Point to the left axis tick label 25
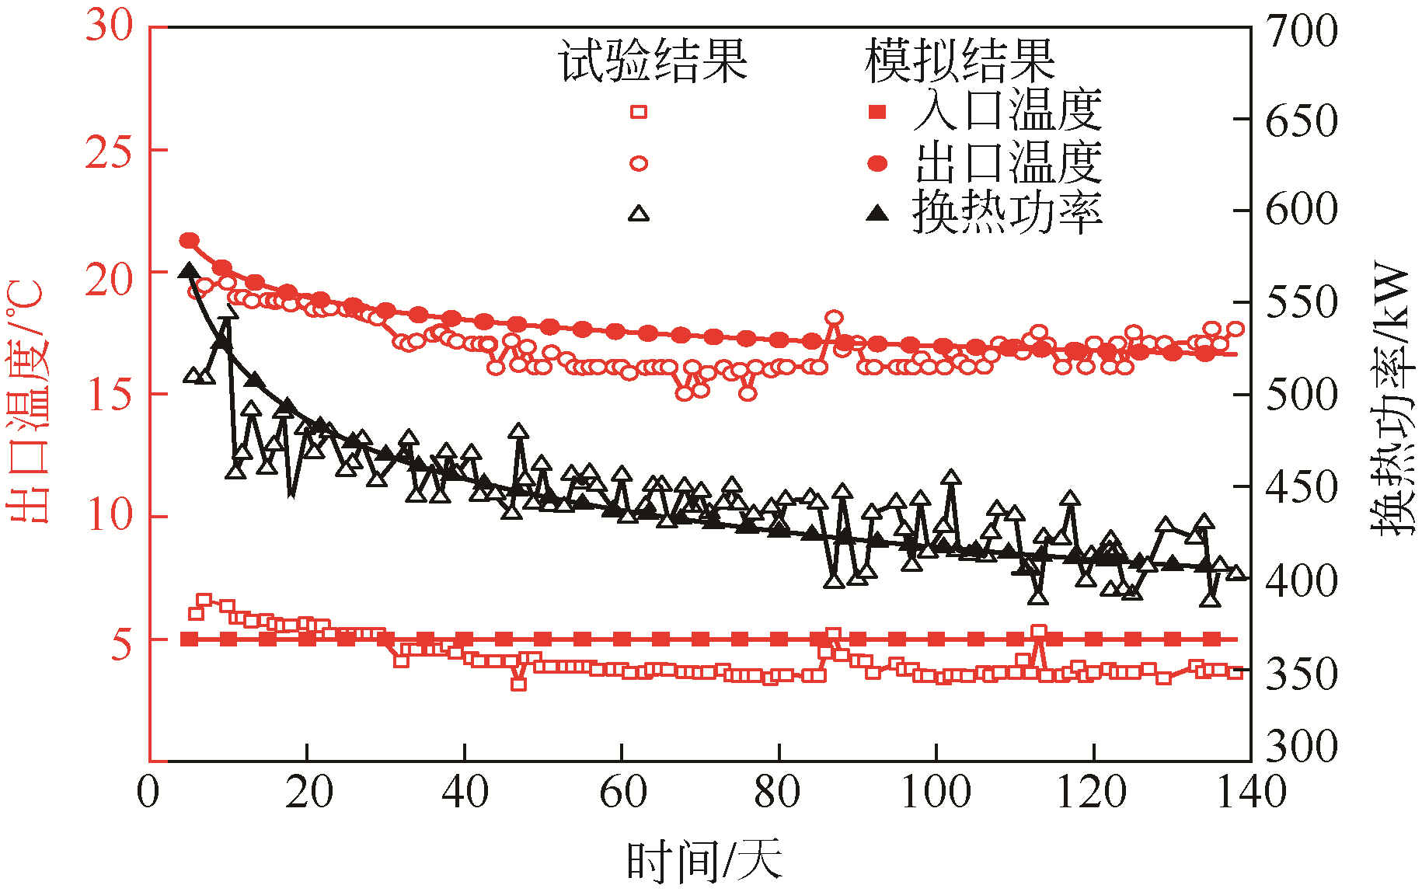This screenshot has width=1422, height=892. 109,152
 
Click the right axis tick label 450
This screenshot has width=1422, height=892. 1302,488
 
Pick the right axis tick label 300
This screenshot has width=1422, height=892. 1302,746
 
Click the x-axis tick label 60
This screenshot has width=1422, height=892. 622,793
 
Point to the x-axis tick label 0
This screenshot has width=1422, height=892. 148,793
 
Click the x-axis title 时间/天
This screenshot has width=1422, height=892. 704,861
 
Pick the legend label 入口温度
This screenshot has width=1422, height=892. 1008,111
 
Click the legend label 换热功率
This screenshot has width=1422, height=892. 1008,211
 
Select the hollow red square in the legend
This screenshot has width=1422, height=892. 638,112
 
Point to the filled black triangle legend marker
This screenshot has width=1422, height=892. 877,212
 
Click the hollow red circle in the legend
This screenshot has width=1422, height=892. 638,163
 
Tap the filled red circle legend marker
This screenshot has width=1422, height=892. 877,163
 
